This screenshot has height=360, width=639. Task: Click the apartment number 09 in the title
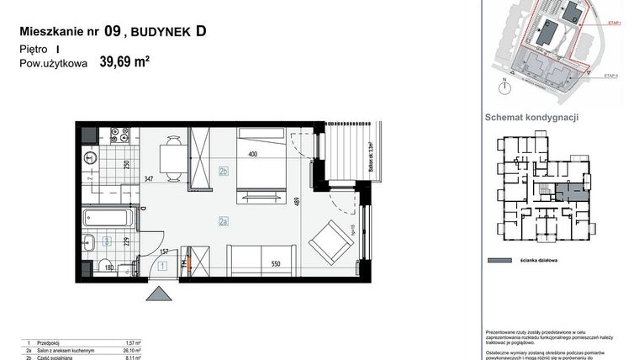(x=112, y=32)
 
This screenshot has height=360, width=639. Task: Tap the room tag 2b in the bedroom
(x=224, y=172)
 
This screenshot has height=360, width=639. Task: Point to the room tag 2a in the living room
(x=224, y=222)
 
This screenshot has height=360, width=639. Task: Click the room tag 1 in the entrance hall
(x=162, y=267)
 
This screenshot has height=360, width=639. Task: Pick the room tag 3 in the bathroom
(x=107, y=241)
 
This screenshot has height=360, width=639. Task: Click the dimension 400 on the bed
(x=251, y=154)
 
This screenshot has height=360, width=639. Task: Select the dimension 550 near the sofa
(x=275, y=262)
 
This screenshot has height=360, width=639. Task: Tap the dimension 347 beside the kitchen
(x=149, y=178)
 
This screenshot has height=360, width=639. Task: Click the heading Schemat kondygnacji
(x=532, y=118)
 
